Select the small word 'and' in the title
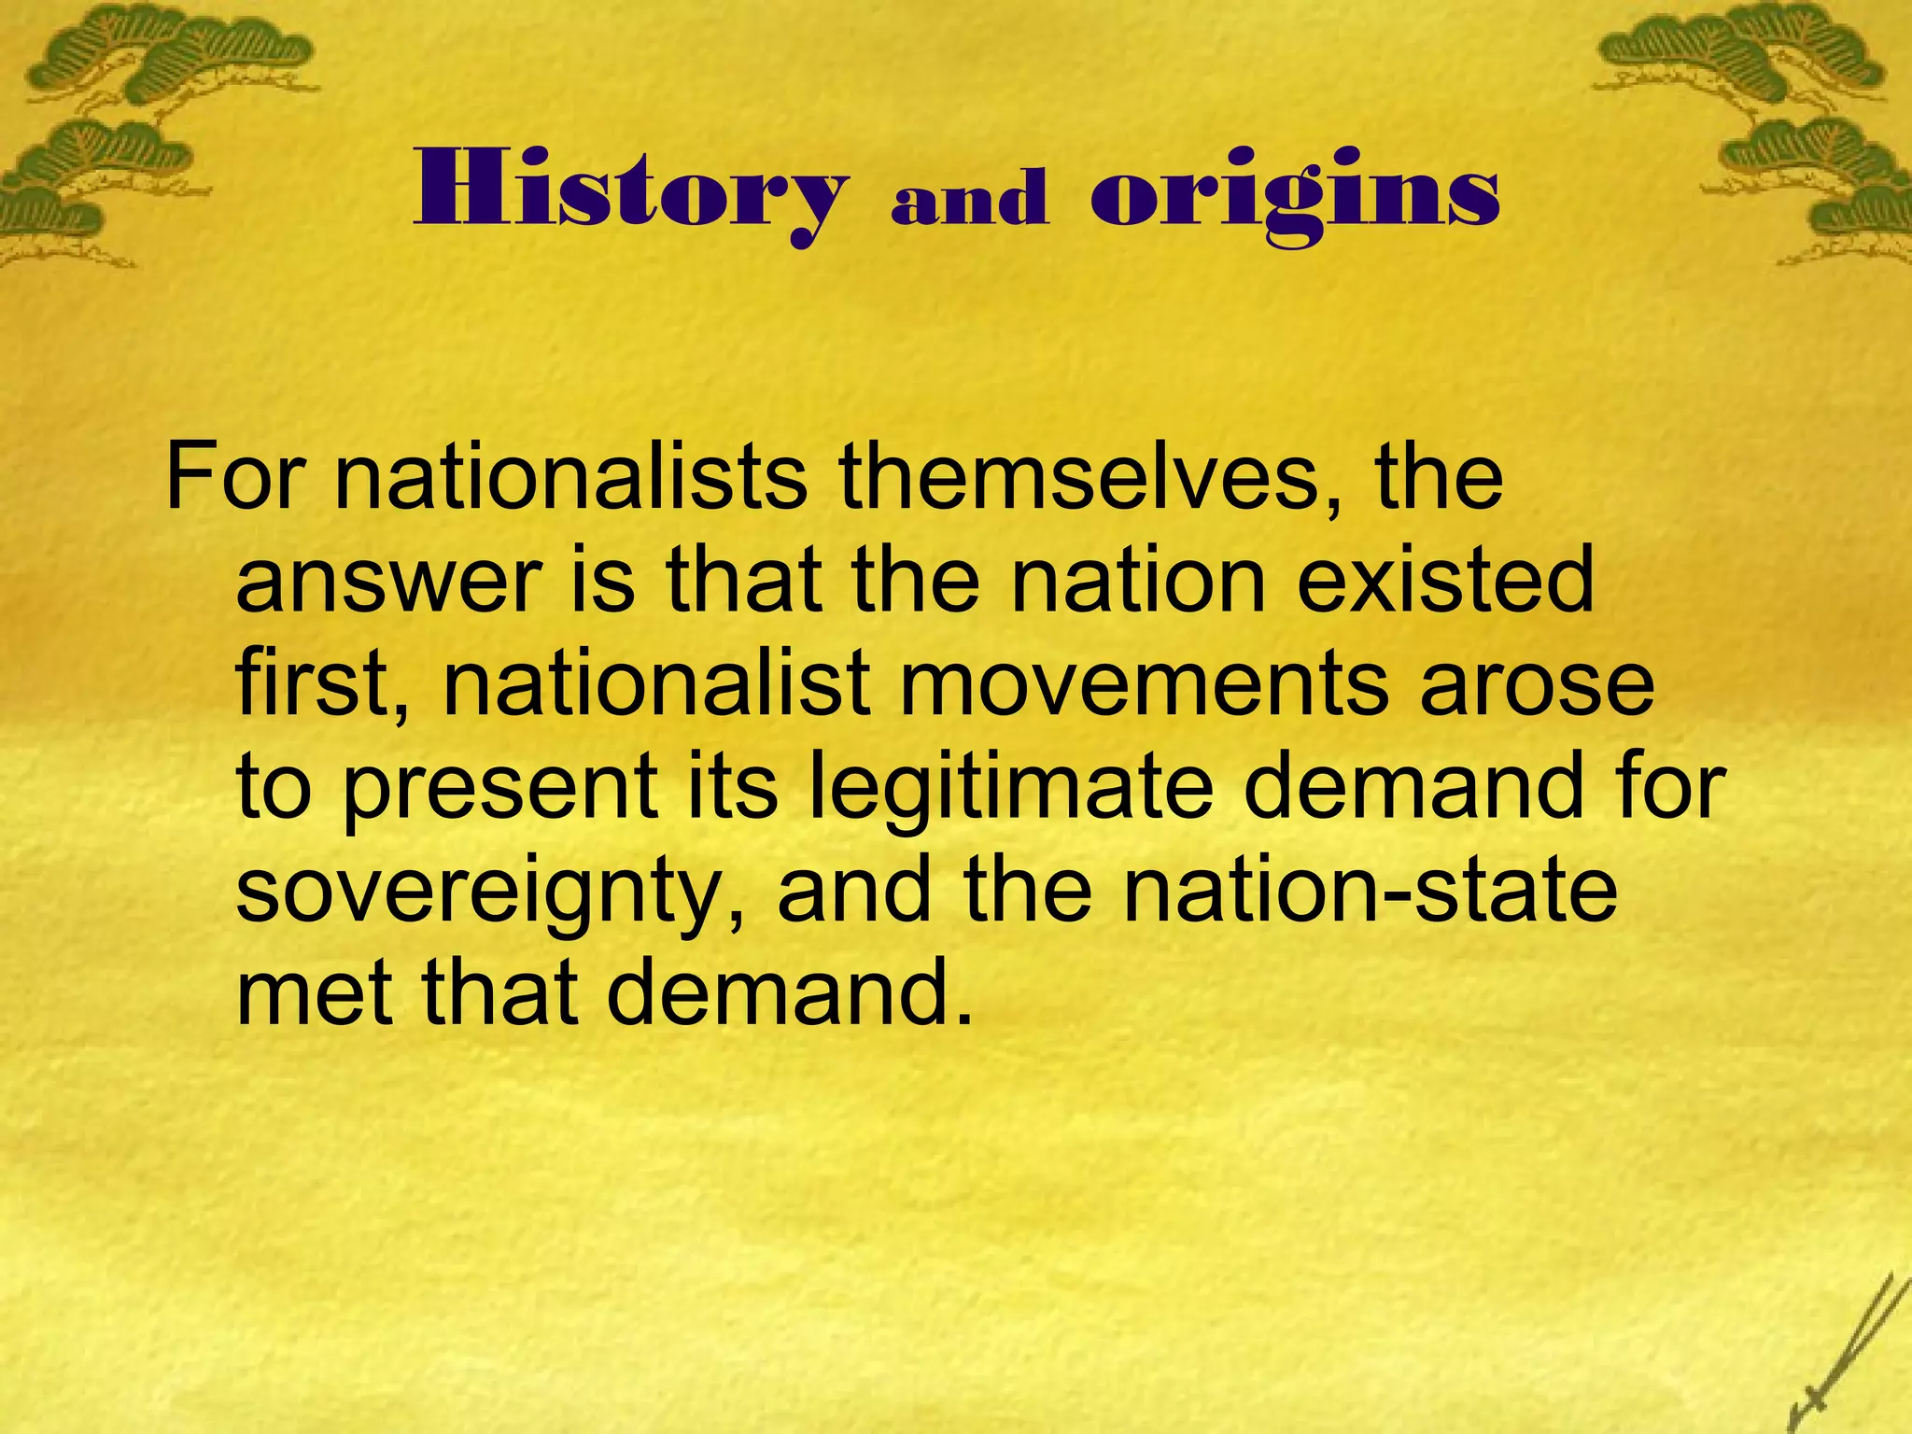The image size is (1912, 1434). [x=969, y=200]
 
